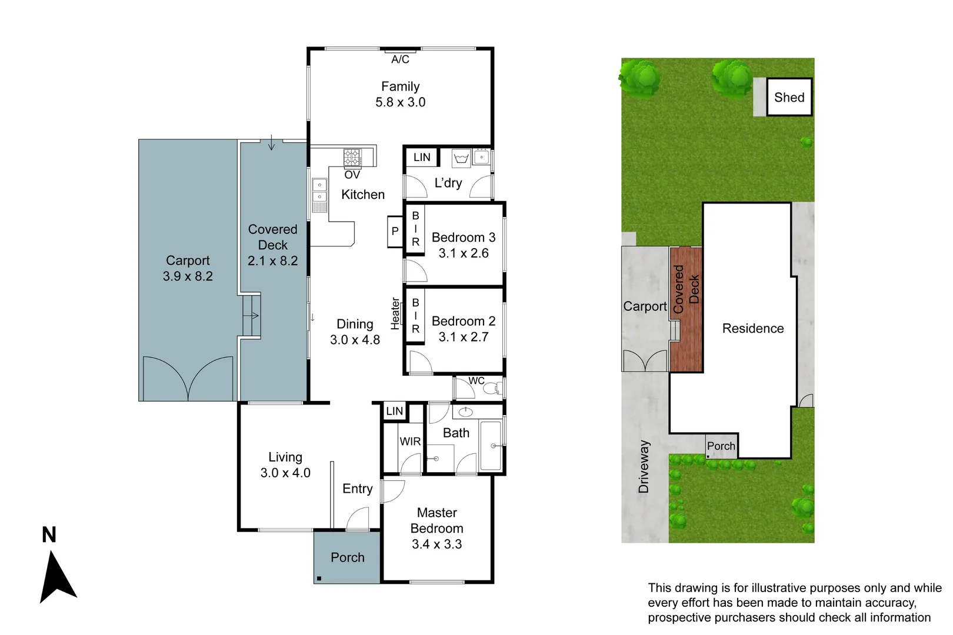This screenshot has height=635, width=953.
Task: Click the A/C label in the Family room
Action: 400,59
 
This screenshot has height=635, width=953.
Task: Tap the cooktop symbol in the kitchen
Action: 352,158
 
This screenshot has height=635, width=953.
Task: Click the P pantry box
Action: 395,232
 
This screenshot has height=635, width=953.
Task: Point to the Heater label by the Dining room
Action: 395,313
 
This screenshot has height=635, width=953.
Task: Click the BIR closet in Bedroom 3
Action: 415,229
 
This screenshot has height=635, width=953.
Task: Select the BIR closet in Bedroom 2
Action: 415,316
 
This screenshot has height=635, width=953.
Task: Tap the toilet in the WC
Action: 498,388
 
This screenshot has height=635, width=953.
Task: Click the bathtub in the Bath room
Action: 491,445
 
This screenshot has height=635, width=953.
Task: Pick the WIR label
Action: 410,441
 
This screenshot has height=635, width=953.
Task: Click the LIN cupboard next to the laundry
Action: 422,157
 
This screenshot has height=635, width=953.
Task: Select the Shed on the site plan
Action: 789,98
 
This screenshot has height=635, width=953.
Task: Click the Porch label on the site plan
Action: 721,446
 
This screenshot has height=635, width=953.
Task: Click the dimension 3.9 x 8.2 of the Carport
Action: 188,276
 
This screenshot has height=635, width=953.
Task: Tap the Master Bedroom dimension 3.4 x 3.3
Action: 436,544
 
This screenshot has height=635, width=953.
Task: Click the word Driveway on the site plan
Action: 644,466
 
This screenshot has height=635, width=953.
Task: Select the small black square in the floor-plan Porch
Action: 319,579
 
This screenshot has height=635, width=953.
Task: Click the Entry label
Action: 357,489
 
